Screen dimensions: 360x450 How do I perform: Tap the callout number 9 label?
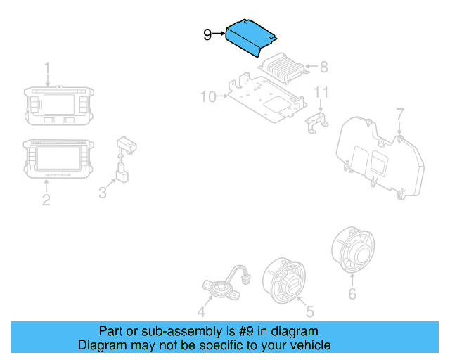click(207, 34)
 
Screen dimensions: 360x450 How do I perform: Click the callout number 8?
click(323, 67)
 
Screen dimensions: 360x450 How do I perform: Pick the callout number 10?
click(208, 96)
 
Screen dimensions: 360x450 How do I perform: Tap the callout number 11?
click(321, 92)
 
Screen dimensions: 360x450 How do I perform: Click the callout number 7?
click(399, 113)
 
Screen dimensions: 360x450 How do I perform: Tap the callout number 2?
click(46, 200)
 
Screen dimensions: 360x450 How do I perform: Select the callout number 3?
click(103, 191)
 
